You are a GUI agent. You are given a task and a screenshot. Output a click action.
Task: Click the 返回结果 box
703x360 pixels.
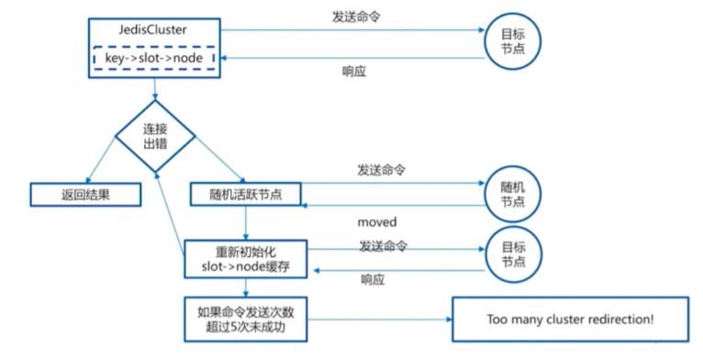(x=84, y=194)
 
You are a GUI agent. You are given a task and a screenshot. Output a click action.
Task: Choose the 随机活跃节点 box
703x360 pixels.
(x=246, y=194)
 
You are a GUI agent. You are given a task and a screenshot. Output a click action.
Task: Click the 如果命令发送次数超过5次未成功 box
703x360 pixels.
(x=246, y=319)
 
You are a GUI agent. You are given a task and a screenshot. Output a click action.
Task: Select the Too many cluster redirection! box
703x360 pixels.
(x=569, y=320)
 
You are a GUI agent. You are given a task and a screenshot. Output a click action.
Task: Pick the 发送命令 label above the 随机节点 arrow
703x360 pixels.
(x=382, y=171)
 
